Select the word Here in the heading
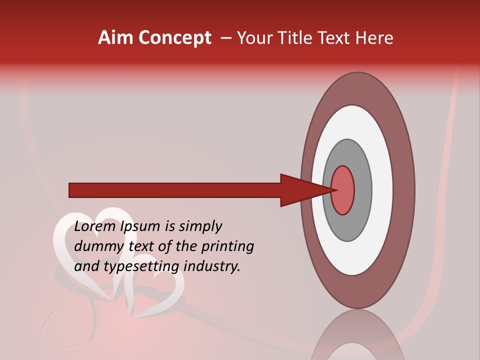coord(374,38)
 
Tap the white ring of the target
coord(382,190)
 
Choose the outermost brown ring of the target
coord(404,190)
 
